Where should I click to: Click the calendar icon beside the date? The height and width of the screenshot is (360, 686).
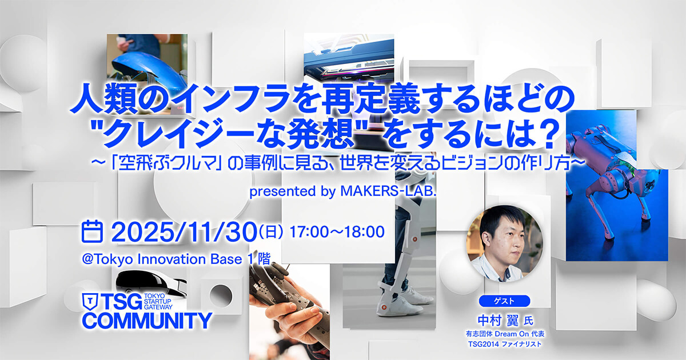tap(92, 231)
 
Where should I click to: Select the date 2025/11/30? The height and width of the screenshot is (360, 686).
tap(184, 232)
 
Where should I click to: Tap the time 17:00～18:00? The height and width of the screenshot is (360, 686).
tap(337, 232)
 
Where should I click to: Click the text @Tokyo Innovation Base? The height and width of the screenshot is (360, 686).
tap(162, 259)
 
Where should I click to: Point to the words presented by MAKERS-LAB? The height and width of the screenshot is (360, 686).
tap(342, 191)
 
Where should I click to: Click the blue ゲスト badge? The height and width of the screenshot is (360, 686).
tap(504, 301)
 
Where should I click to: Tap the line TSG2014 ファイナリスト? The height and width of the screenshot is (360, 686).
tap(505, 344)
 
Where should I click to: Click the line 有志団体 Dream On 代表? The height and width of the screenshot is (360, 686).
tap(505, 333)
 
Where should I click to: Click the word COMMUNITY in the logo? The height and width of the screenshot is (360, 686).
tap(147, 321)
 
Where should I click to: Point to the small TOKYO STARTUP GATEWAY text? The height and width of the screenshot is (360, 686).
tap(158, 301)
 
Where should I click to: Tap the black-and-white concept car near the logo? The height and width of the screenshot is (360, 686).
tap(151, 283)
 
